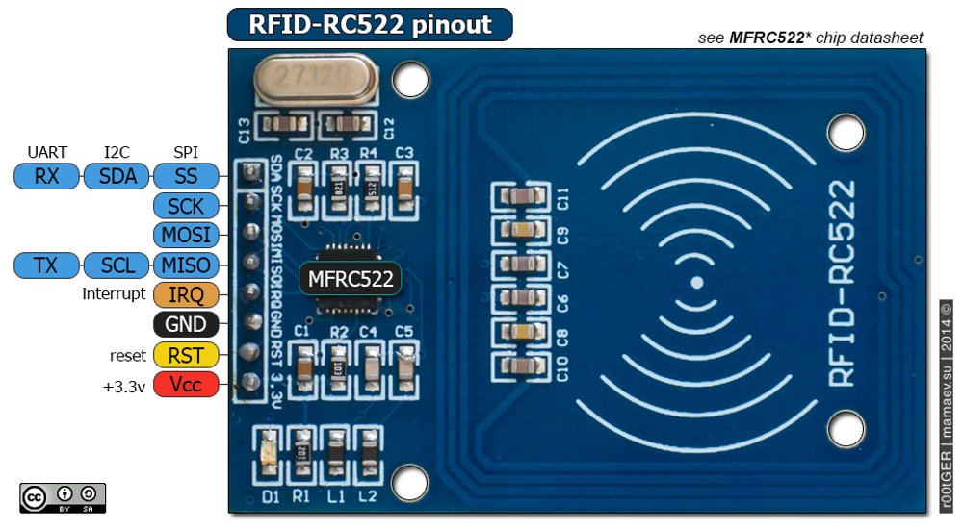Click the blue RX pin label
pos(46,176)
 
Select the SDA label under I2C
pos(117,176)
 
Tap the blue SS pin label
pos(186,176)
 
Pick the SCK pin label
pos(186,206)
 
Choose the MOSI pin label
pos(186,236)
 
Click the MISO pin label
pos(186,265)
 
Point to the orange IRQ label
pos(186,294)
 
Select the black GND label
pos(186,324)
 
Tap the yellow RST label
pos(186,354)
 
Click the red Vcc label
pos(186,384)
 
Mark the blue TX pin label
pos(46,265)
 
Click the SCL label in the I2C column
pos(117,265)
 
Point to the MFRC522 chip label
pos(351,279)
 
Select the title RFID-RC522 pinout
pos(370,24)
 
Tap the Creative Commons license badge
pos(63,497)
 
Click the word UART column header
pos(47,152)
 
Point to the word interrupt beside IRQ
pos(115,294)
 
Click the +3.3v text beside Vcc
pos(123,384)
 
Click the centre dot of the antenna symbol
pos(695,283)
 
